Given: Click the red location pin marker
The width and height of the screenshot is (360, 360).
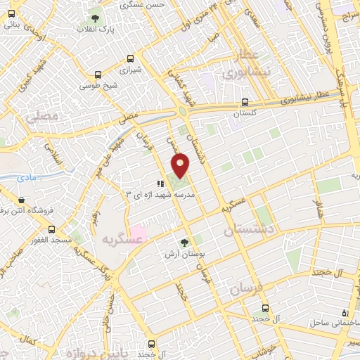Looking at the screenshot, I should [181, 166].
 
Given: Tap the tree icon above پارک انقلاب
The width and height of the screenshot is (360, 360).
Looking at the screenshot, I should [96, 18].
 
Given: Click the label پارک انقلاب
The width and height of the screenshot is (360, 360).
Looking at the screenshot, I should [96, 30].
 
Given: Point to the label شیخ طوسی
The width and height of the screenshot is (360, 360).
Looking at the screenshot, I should [95, 86].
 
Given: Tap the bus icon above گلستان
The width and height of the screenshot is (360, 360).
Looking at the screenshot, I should [245, 101].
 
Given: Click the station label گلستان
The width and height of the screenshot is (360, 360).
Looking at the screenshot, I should [245, 113].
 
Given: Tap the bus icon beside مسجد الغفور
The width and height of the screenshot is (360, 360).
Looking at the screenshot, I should [51, 229].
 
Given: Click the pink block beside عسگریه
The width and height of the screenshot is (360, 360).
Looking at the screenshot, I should [138, 232].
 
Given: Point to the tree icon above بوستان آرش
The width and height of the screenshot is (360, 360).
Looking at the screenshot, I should [184, 243].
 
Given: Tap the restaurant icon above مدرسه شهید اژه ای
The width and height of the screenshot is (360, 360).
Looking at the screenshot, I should [150, 184].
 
